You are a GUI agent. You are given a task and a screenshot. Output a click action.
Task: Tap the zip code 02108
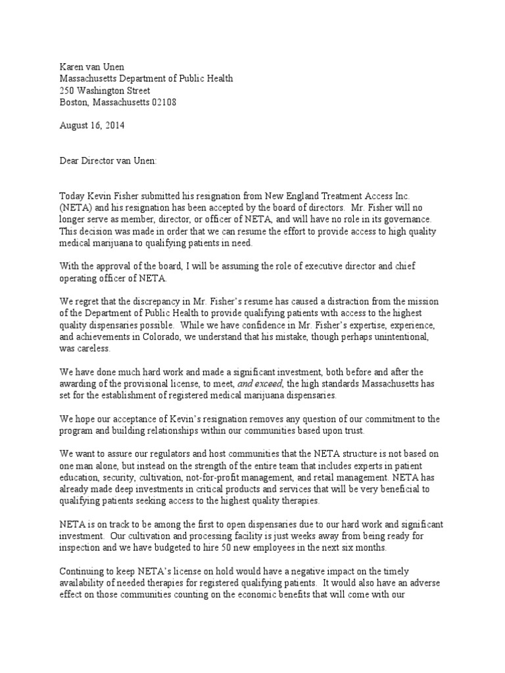[162, 103]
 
